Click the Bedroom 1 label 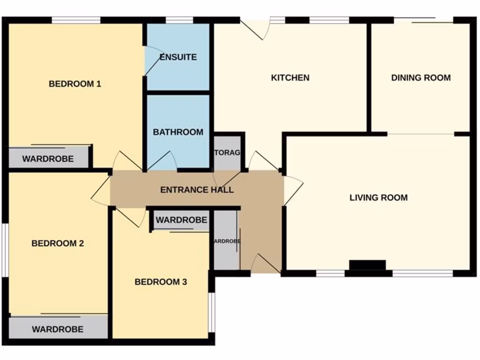75,84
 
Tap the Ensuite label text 178,57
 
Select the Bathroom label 178,132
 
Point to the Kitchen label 290,78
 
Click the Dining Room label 421,78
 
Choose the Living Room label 378,198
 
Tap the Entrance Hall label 197,190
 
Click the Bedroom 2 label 58,244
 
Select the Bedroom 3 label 161,282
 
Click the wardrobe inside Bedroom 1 48,158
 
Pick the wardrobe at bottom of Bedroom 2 58,329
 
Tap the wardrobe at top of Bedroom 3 181,220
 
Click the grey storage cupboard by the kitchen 227,153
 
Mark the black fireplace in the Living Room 367,265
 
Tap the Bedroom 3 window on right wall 212,312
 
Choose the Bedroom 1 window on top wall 76,20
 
